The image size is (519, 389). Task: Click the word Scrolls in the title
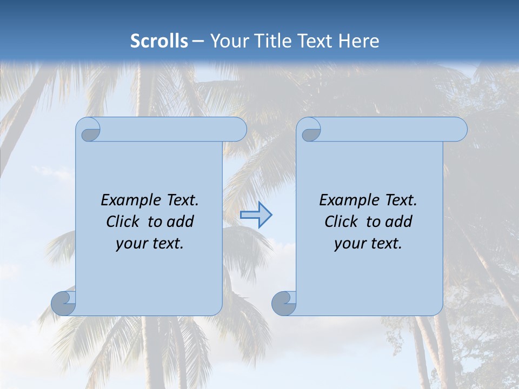pos(159,41)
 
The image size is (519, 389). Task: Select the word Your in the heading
pos(228,41)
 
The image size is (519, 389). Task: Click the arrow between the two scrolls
pos(256,215)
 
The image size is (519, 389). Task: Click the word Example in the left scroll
pos(129,200)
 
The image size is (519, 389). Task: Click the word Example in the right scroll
pos(347,200)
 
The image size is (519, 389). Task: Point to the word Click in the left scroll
pos(123,222)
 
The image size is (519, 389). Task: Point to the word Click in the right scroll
pos(341,222)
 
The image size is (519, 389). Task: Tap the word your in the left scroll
pos(130,244)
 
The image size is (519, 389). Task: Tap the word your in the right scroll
pos(348,244)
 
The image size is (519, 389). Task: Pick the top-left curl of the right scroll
pos(310,130)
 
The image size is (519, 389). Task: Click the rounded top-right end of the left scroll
pos(238,130)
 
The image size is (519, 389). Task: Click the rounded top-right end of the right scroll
pos(458,130)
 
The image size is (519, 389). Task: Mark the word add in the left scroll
pos(180,222)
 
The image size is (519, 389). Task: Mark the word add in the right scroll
pos(398,222)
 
